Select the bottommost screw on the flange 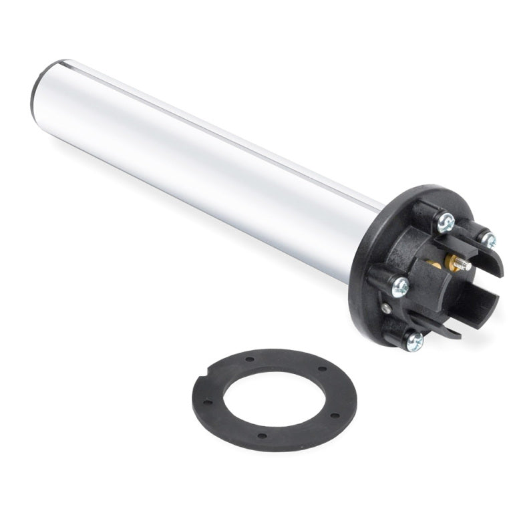click(414, 341)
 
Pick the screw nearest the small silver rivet click(400, 288)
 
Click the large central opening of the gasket click(274, 399)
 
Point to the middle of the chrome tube click(200, 160)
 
